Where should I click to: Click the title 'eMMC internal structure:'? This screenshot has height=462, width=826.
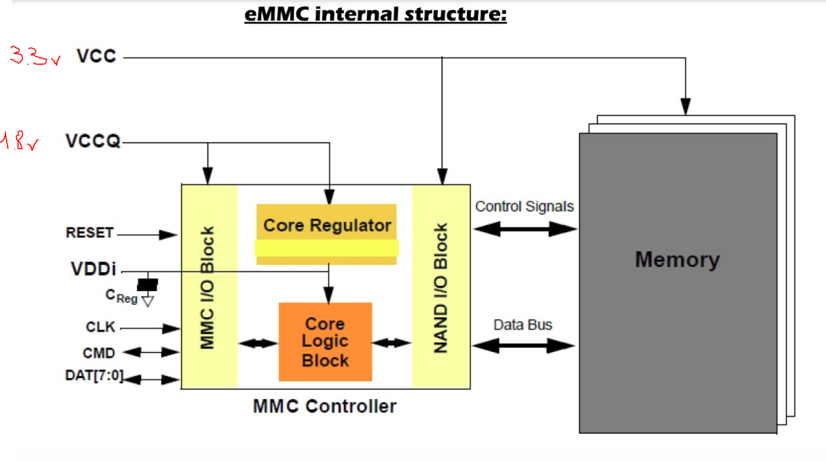[375, 14]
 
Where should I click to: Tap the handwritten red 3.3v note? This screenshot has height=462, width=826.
[34, 56]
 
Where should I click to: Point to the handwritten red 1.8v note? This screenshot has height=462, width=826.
[19, 141]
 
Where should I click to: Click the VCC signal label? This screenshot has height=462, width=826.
[96, 56]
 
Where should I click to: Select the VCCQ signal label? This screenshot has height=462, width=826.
[93, 141]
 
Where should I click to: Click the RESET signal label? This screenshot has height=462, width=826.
[89, 233]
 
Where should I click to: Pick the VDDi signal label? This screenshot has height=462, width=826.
[93, 269]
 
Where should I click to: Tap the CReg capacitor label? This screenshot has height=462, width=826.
[121, 296]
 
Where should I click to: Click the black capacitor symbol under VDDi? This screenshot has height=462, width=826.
[147, 284]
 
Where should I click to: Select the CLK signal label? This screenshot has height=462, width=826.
[100, 327]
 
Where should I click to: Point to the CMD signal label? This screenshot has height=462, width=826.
[99, 353]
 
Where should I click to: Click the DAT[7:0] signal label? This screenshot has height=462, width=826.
[94, 376]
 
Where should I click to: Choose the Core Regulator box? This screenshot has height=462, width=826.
[326, 226]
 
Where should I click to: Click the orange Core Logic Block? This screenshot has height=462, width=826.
[325, 342]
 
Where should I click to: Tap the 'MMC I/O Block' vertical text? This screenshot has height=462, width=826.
[207, 288]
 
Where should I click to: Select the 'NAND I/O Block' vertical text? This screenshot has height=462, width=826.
[440, 288]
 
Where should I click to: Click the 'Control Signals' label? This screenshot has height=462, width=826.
[524, 206]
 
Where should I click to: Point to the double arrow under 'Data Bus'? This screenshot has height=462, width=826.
[524, 346]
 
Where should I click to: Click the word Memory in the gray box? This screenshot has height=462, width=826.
[677, 259]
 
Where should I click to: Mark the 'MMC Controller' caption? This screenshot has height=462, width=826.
[325, 406]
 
